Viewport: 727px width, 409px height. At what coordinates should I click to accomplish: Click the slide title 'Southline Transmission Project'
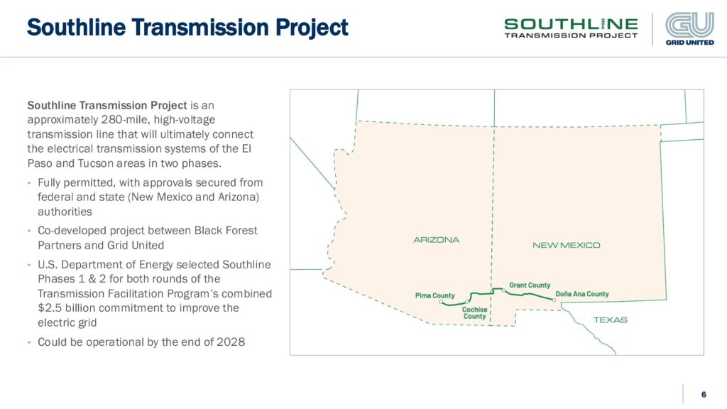point(187,28)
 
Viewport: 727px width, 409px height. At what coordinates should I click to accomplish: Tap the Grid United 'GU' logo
point(690,28)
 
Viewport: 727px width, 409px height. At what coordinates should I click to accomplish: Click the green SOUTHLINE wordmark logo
point(571,28)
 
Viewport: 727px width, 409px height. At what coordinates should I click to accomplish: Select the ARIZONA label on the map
point(437,240)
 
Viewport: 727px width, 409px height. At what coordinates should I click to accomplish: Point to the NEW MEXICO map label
point(566,245)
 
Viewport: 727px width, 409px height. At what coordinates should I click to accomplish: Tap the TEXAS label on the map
point(610,320)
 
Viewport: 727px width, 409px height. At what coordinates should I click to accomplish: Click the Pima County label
point(435,295)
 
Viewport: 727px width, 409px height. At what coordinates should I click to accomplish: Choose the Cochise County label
point(475,313)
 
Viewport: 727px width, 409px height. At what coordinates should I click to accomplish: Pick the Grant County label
point(530,285)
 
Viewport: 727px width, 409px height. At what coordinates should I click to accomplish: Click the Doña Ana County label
point(582,294)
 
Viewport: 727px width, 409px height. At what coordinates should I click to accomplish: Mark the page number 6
point(704,395)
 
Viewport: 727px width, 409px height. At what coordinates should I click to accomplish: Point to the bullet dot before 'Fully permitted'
point(28,183)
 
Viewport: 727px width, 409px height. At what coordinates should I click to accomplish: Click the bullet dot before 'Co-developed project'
point(28,231)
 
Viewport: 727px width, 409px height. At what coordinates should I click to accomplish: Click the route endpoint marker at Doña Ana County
point(554,300)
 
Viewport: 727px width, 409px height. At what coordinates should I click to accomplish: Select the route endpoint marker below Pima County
point(440,302)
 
